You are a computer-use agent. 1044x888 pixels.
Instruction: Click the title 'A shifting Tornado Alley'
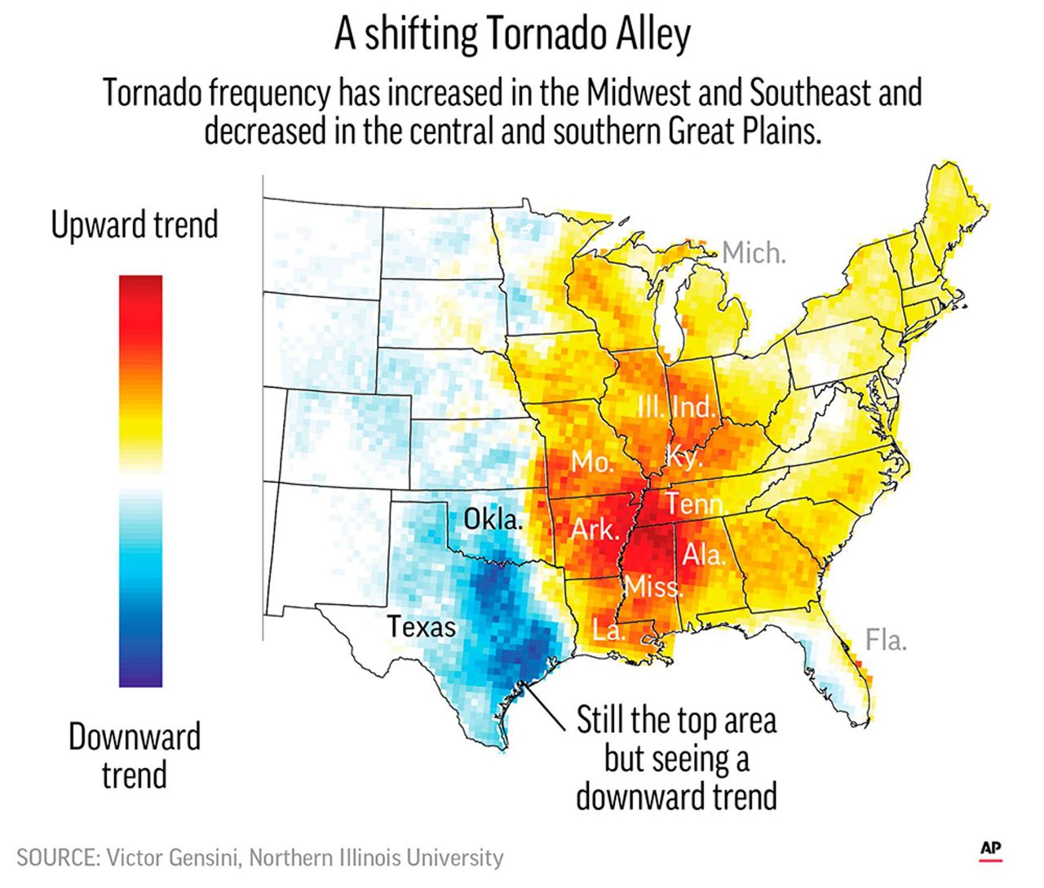(x=512, y=35)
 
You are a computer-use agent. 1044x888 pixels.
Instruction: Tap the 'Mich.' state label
(x=754, y=253)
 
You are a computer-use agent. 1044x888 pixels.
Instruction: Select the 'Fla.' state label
(x=885, y=640)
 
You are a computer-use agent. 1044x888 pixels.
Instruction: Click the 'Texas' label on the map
(x=421, y=627)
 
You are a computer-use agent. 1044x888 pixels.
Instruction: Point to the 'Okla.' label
(x=493, y=519)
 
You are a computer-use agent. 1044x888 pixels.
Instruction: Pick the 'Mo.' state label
(x=591, y=462)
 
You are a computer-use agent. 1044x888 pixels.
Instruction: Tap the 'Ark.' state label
(x=595, y=530)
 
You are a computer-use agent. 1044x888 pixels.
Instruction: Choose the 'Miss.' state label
(x=652, y=586)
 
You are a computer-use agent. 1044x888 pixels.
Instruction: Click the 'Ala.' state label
(x=703, y=555)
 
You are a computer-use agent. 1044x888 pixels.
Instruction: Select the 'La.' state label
(x=608, y=630)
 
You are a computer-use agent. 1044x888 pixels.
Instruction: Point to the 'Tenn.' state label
(x=696, y=504)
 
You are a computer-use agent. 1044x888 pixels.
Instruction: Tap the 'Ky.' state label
(x=683, y=456)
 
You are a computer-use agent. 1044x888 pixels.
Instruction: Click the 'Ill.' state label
(x=651, y=406)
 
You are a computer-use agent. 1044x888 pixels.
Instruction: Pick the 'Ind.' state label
(x=693, y=406)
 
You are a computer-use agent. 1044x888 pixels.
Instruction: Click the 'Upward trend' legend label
(x=135, y=224)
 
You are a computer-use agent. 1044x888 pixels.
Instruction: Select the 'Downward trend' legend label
(x=135, y=755)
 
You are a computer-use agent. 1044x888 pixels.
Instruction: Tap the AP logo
(x=990, y=849)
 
